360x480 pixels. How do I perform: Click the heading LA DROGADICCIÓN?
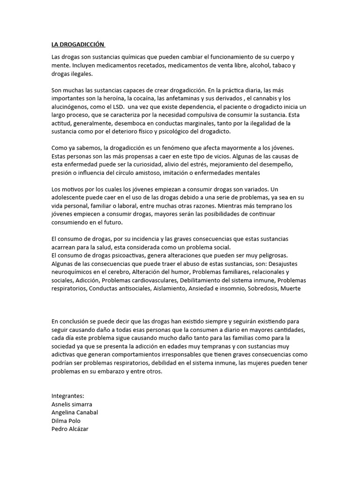78,45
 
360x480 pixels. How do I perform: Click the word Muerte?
291,289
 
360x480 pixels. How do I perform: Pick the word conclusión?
77,322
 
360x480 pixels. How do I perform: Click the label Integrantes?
67,396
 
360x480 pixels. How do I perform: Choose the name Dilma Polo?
66,421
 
